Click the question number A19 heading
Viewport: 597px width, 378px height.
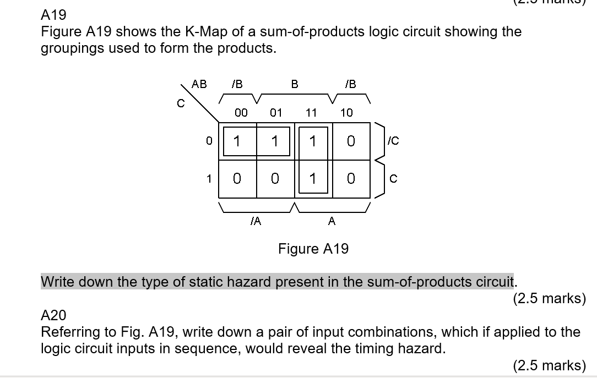53,15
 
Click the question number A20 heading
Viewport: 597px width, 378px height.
53,315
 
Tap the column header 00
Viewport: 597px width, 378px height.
241,113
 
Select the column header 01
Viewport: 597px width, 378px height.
276,113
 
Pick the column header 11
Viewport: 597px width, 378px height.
311,113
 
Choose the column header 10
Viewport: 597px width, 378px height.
346,113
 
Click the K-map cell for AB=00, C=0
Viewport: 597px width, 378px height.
237,141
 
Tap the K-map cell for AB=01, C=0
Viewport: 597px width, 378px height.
274,141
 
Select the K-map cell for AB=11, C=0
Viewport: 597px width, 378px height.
312,141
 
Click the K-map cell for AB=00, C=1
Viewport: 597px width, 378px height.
237,179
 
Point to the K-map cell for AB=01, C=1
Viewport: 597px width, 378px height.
274,179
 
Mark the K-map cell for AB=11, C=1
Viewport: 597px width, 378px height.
312,179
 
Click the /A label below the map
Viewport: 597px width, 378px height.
255,221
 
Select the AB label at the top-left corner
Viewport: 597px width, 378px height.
199,84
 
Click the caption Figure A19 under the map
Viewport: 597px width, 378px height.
313,249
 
